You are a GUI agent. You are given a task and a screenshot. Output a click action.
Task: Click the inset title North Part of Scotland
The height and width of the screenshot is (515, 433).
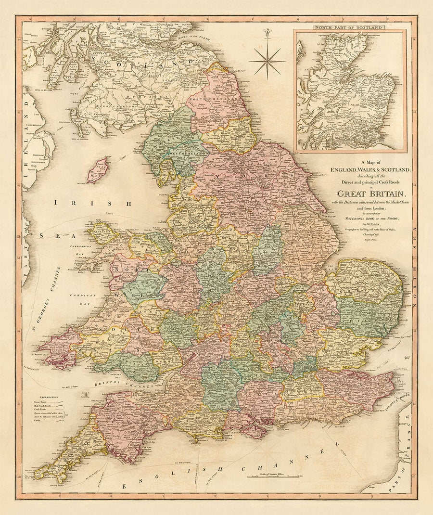[x=350, y=28]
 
